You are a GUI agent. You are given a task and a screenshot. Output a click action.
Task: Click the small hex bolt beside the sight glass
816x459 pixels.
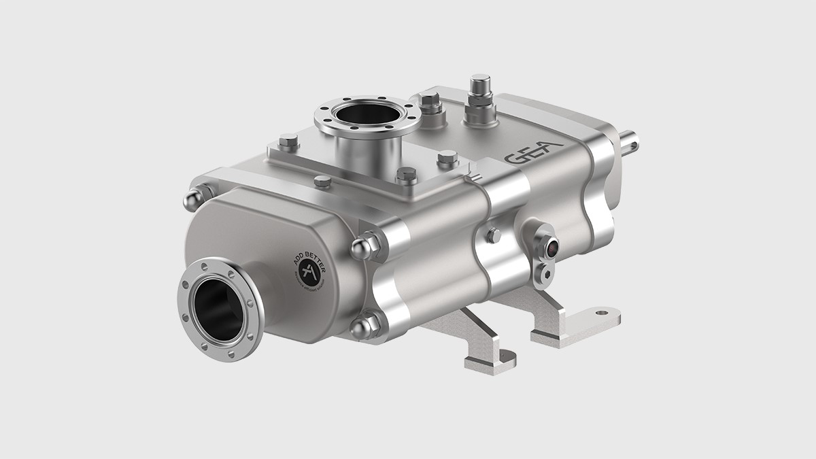pyautogui.click(x=494, y=235)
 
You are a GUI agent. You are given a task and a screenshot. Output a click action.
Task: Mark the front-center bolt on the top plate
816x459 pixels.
pyautogui.click(x=407, y=175)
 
